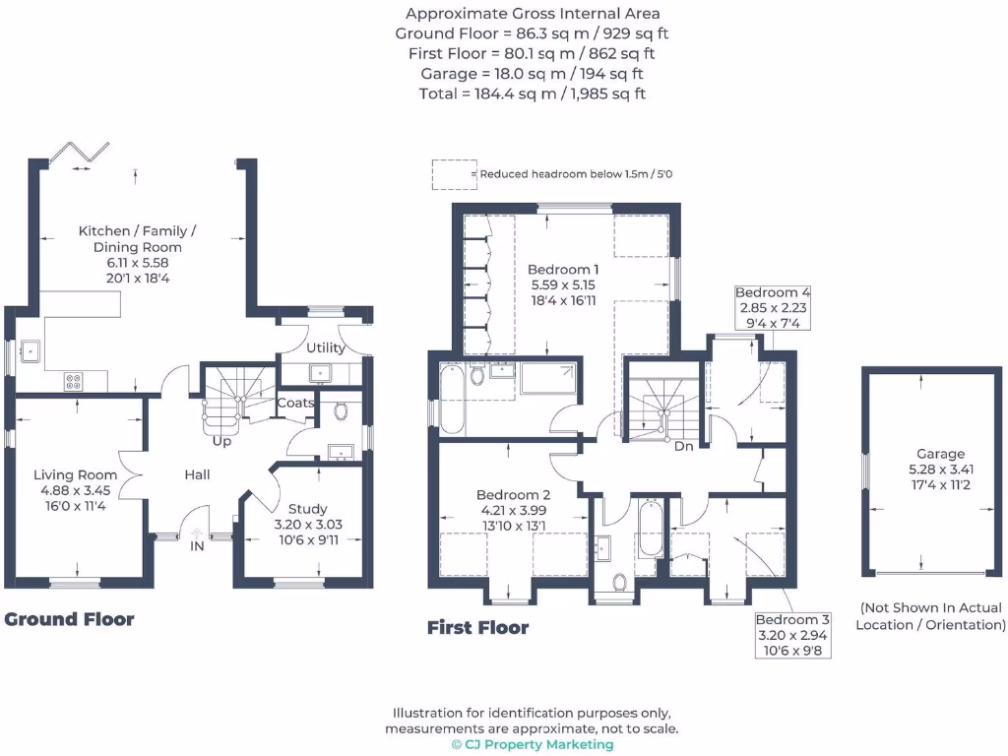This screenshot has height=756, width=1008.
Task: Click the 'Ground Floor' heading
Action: [69, 619]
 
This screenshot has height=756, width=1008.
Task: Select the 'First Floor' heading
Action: [477, 627]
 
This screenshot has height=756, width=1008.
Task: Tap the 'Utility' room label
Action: [326, 347]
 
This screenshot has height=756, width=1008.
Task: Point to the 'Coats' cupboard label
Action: [295, 403]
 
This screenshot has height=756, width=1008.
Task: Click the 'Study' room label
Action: [307, 509]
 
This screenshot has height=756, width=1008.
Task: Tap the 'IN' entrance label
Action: [197, 545]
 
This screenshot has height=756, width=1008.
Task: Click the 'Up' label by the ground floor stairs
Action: [222, 441]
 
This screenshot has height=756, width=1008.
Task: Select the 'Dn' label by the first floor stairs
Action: [683, 446]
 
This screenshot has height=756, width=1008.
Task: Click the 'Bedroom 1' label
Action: [563, 269]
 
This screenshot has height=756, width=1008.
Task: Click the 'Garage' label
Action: [941, 454]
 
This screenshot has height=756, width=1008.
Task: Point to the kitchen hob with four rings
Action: [74, 379]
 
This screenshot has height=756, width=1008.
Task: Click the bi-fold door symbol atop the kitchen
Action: [80, 153]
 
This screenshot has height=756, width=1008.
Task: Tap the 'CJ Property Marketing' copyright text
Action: [532, 744]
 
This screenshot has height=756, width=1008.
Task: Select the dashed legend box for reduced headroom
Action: [453, 174]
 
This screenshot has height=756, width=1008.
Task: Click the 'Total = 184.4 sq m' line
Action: [533, 94]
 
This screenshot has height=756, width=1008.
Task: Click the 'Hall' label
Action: [197, 475]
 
